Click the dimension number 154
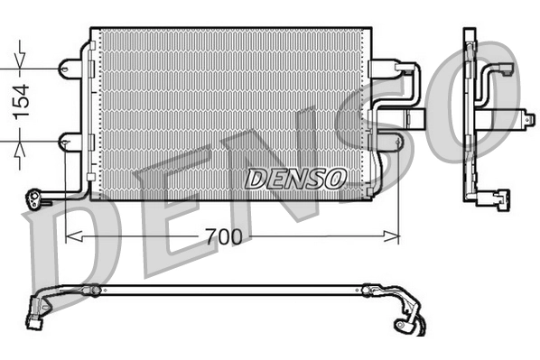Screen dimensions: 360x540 click(x=19, y=102)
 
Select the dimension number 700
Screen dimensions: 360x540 click(x=222, y=238)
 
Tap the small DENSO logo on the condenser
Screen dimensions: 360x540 click(x=294, y=178)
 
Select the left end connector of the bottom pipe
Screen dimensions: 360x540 click(x=38, y=316)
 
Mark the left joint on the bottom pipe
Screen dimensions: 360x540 click(x=92, y=291)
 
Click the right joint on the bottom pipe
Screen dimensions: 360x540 click(x=368, y=291)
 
